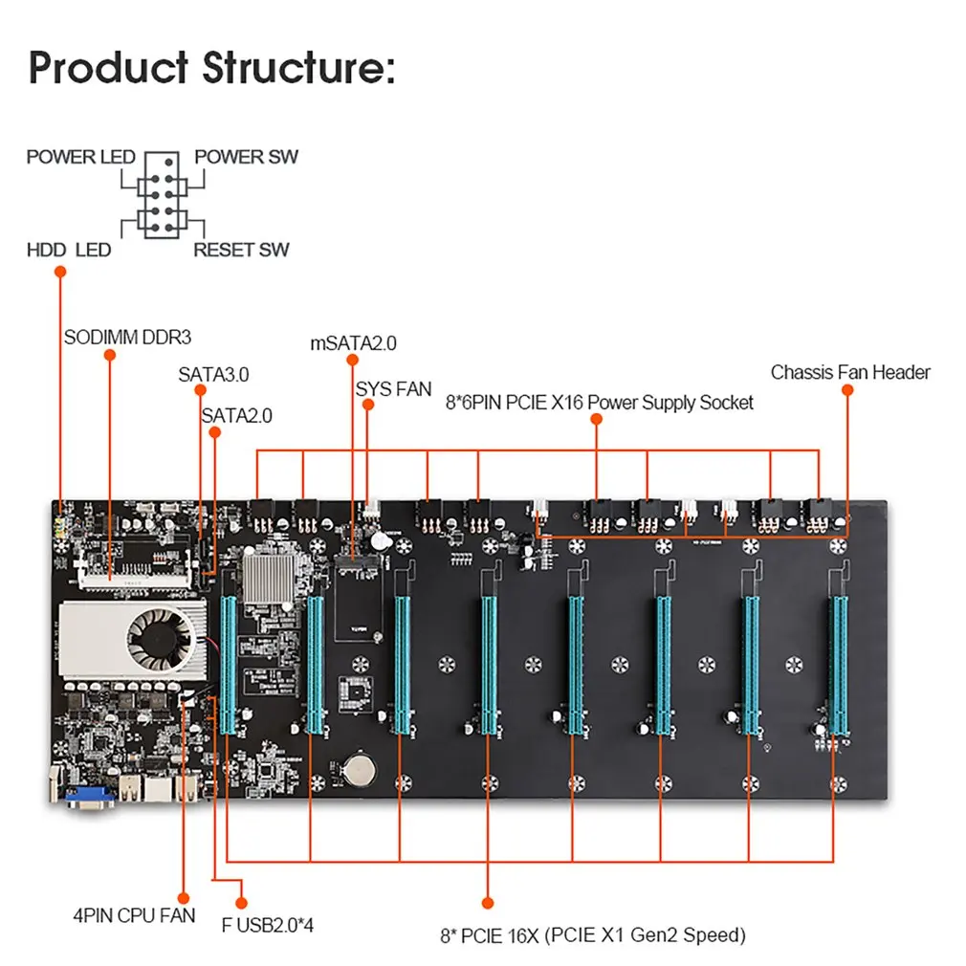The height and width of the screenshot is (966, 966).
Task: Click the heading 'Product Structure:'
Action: tap(210, 69)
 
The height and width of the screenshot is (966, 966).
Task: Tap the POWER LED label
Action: tap(80, 157)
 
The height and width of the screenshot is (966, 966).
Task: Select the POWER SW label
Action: tap(246, 157)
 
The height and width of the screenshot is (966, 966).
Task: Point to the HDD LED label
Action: tap(69, 251)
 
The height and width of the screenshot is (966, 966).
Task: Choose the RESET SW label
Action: tap(241, 251)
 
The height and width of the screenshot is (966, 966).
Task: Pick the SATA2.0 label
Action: tap(236, 416)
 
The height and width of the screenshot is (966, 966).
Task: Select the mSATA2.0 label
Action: tap(353, 342)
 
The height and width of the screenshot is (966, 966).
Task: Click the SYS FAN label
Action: tap(393, 389)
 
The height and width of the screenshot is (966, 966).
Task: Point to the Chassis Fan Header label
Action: tap(850, 372)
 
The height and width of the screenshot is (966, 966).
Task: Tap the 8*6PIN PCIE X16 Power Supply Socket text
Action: tap(599, 403)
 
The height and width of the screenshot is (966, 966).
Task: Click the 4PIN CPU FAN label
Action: tap(134, 915)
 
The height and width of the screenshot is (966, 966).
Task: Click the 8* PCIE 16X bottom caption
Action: tap(592, 934)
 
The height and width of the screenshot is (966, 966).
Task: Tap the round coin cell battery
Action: tap(360, 766)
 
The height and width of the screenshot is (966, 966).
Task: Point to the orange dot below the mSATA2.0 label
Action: tap(353, 362)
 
